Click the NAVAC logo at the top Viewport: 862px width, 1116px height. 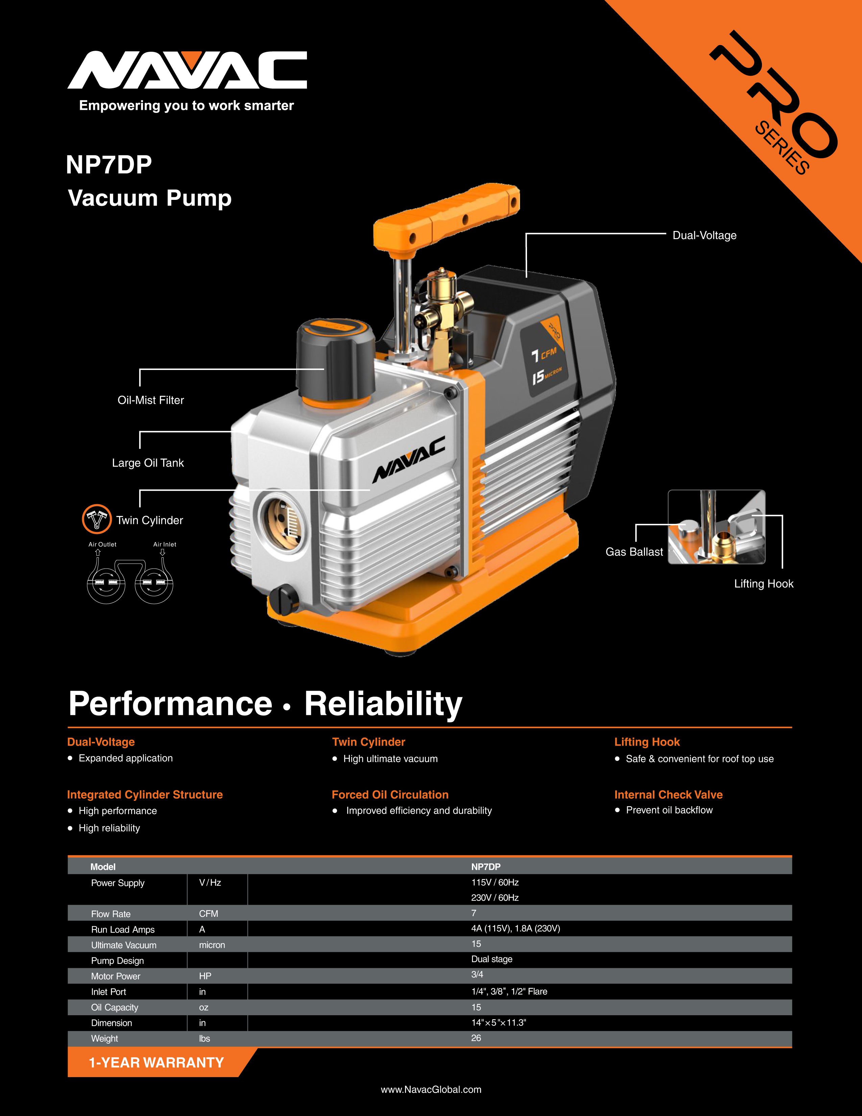pyautogui.click(x=187, y=70)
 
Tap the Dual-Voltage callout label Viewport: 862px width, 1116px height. pyautogui.click(x=704, y=236)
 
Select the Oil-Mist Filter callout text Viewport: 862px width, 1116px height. pyautogui.click(x=151, y=400)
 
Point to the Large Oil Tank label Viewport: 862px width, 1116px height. pyautogui.click(x=148, y=463)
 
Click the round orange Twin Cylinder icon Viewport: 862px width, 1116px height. pyautogui.click(x=96, y=519)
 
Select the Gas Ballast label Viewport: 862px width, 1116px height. pyautogui.click(x=634, y=552)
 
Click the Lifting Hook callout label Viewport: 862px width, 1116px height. pyautogui.click(x=763, y=584)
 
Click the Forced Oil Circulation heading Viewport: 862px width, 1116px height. pyautogui.click(x=390, y=795)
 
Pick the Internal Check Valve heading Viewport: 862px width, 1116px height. pyautogui.click(x=668, y=795)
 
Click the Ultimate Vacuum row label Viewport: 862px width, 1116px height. pyautogui.click(x=124, y=945)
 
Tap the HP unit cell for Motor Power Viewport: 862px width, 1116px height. pyautogui.click(x=205, y=976)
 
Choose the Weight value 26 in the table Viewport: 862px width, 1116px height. pyautogui.click(x=476, y=1038)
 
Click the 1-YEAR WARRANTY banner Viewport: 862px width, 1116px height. pyautogui.click(x=156, y=1063)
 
